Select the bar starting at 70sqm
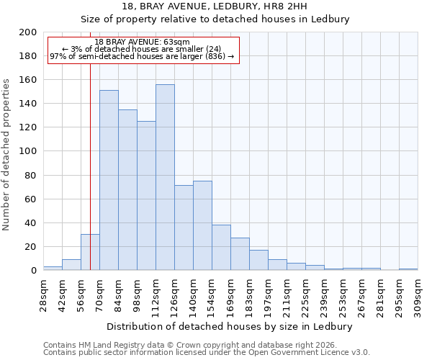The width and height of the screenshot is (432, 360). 109,180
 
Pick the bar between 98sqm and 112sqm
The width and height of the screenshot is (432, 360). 146,195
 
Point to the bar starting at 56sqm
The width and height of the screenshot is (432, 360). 90,252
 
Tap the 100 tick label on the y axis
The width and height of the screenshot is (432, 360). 28,151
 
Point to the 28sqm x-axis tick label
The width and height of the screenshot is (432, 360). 43,293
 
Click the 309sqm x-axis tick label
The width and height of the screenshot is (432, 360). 418,293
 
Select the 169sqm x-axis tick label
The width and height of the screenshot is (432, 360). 230,293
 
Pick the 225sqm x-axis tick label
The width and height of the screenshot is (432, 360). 305,293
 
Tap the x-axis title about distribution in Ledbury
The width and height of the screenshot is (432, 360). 233,326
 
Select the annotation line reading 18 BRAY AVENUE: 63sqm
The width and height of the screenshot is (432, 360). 142,42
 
